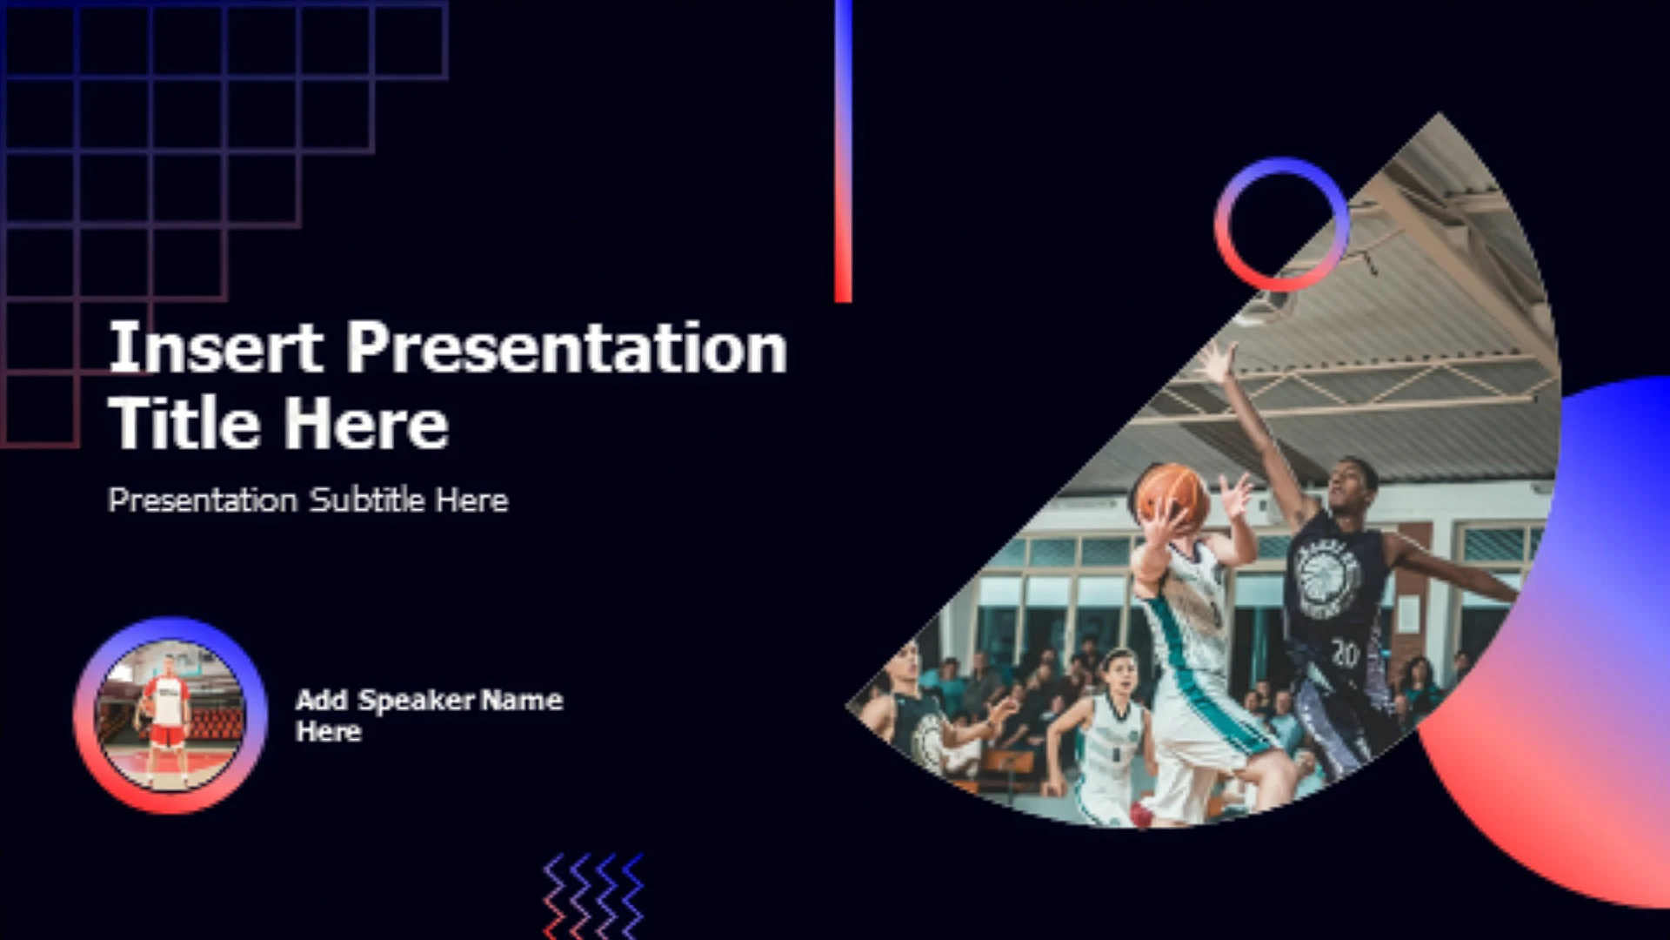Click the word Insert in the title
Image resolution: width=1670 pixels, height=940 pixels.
(217, 347)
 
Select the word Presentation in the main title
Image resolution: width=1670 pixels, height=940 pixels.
(567, 347)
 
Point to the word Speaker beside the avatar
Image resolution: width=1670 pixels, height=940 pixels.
(417, 701)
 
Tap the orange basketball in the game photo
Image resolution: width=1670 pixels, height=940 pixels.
(1172, 497)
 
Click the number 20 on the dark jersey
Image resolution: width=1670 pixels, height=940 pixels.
(1345, 653)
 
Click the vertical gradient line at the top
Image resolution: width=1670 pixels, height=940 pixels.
(843, 151)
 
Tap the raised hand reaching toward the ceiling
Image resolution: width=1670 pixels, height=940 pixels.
(1218, 363)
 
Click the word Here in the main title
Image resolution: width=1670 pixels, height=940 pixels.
(367, 423)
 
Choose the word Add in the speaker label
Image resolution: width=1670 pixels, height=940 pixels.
(322, 701)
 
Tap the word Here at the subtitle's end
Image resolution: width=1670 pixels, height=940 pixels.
(471, 500)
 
